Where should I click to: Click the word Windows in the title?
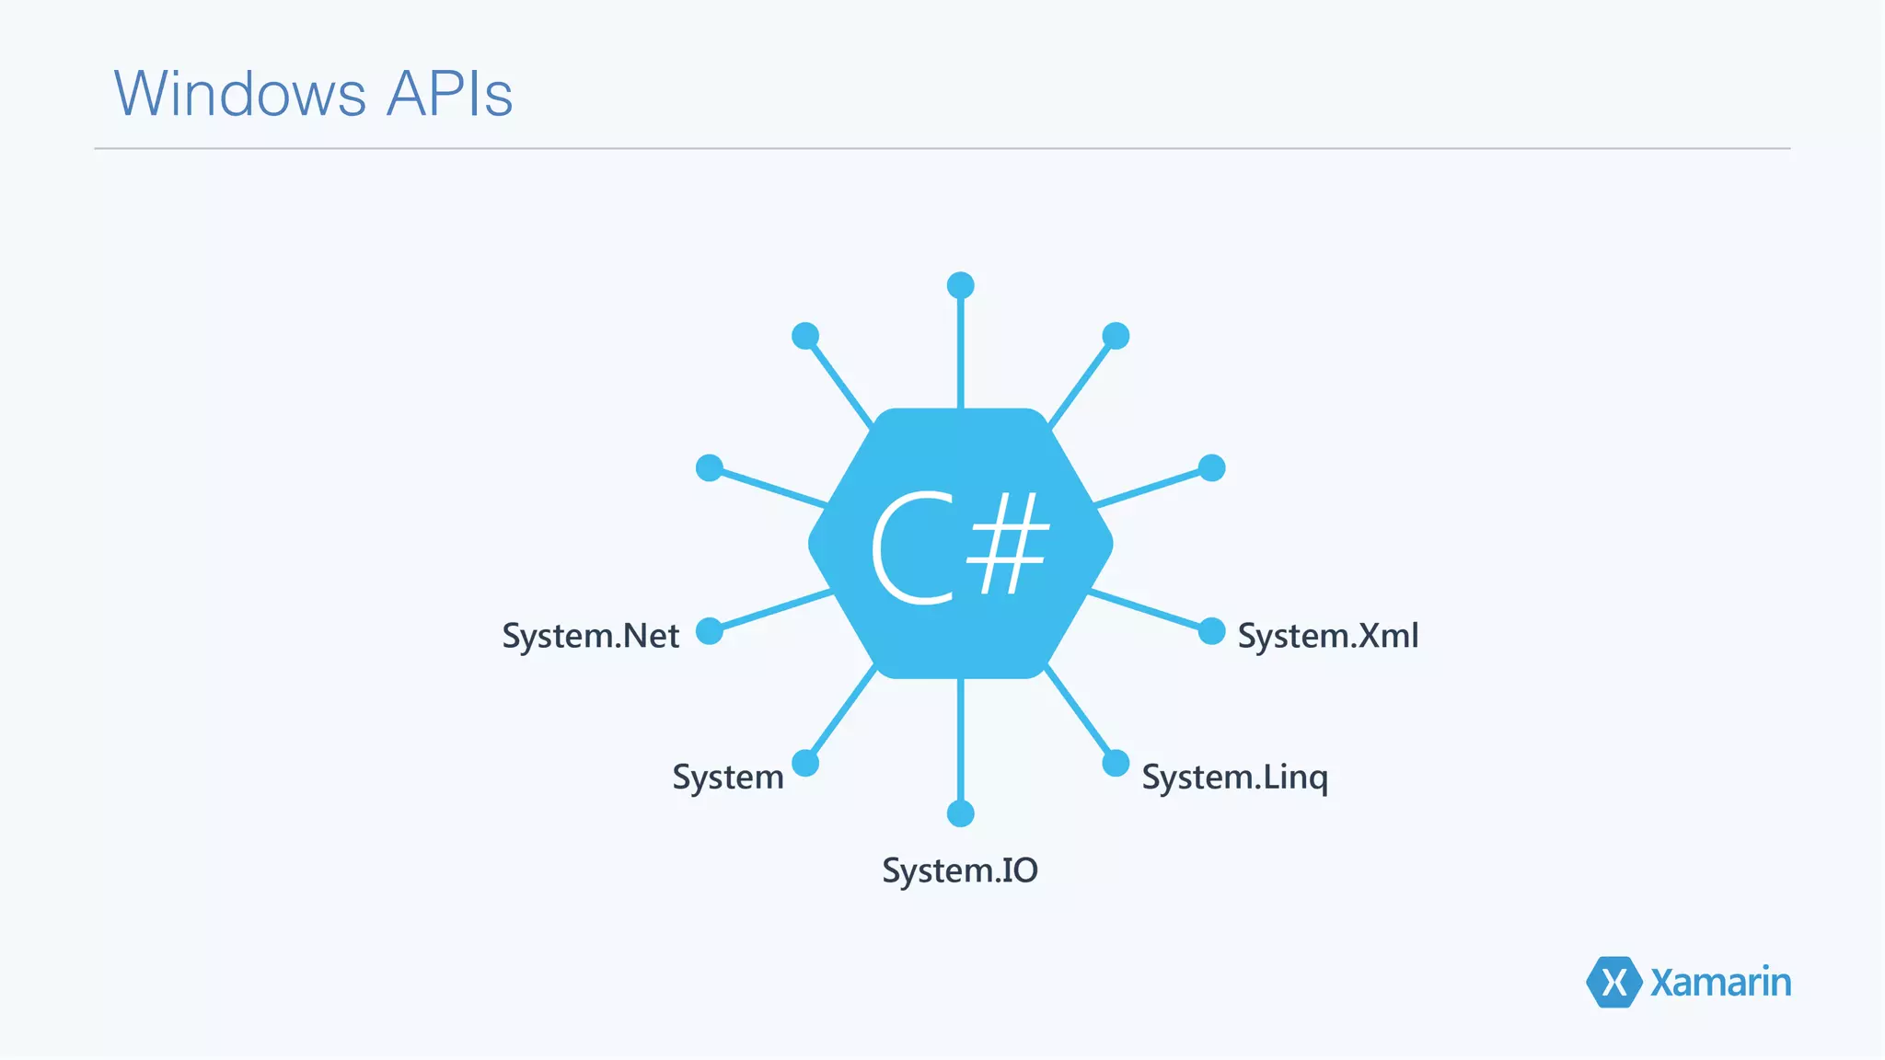pyautogui.click(x=240, y=94)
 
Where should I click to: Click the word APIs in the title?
pyautogui.click(x=449, y=94)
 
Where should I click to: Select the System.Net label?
pyautogui.click(x=590, y=636)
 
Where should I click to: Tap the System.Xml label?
pyautogui.click(x=1327, y=636)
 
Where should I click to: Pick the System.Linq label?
pyautogui.click(x=1234, y=778)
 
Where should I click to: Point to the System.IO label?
pyautogui.click(x=960, y=870)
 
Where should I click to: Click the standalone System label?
pyautogui.click(x=727, y=778)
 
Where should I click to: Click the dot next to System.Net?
pyautogui.click(x=710, y=631)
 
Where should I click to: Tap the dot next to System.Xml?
pyautogui.click(x=1212, y=631)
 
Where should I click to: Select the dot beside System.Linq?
pyautogui.click(x=1116, y=763)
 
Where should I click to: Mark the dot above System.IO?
pyautogui.click(x=960, y=813)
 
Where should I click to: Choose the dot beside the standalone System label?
pyautogui.click(x=805, y=763)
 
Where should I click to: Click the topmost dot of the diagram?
pyautogui.click(x=960, y=285)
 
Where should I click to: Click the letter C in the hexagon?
pyautogui.click(x=911, y=547)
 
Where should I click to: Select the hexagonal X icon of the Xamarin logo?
pyautogui.click(x=1613, y=982)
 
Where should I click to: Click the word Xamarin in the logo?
pyautogui.click(x=1720, y=983)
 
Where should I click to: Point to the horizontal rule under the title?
pyautogui.click(x=942, y=148)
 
